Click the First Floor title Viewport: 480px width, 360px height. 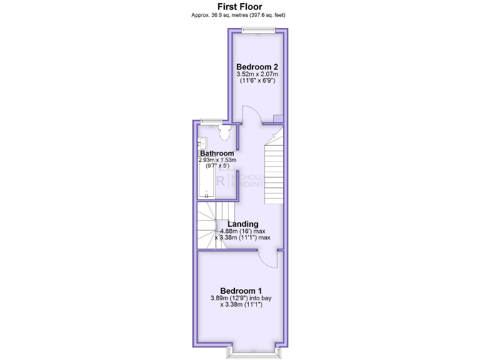coord(240,6)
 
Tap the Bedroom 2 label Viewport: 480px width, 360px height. coord(257,67)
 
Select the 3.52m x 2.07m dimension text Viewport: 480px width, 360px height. coord(257,74)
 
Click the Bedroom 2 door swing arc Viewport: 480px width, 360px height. coord(249,114)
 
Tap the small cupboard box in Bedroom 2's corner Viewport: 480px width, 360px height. coord(278,119)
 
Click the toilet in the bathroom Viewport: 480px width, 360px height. coord(226,131)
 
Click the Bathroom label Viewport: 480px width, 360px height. coord(217,153)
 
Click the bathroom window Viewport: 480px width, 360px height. coord(212,121)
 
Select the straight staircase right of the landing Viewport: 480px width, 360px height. coord(274,172)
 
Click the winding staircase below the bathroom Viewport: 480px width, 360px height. coord(212,225)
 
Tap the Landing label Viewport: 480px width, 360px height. coord(242,224)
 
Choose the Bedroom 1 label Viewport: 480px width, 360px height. coord(241,291)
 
